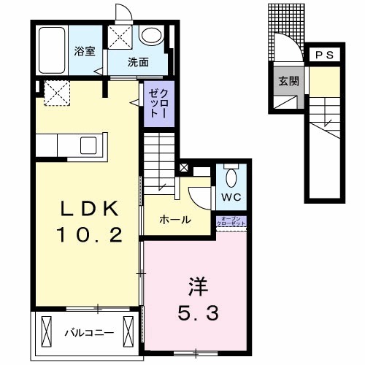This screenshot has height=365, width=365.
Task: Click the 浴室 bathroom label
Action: pyautogui.click(x=85, y=51)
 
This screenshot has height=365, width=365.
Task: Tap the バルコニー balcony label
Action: pyautogui.click(x=89, y=332)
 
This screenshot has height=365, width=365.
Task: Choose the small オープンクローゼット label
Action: pyautogui.click(x=231, y=220)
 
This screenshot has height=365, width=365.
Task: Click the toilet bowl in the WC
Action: pyautogui.click(x=231, y=177)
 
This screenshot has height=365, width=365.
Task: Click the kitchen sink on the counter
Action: pyautogui.click(x=93, y=144)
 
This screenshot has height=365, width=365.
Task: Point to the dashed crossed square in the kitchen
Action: pyautogui.click(x=56, y=93)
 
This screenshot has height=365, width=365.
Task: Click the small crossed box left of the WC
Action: pyautogui.click(x=182, y=167)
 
